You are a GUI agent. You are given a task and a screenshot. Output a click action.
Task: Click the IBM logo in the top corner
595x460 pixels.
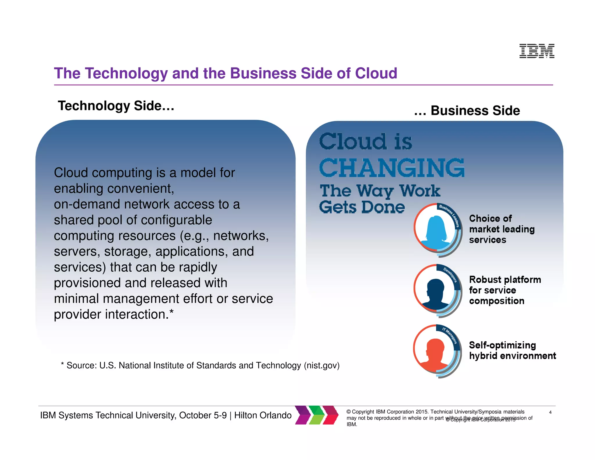tap(537, 51)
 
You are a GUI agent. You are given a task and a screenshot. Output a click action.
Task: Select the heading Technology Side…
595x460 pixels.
tap(116, 106)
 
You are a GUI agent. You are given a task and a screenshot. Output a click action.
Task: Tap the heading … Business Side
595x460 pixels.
tap(467, 111)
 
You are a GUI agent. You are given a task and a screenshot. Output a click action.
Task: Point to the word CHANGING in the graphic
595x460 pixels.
tap(392, 168)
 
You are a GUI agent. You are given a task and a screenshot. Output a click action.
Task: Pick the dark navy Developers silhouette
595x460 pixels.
tap(435, 294)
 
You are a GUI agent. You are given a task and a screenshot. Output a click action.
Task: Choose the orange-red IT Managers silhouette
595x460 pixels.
tap(435, 355)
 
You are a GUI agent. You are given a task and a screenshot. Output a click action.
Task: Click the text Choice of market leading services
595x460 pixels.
tap(502, 229)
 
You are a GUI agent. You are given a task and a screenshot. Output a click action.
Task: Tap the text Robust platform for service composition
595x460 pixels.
tap(505, 290)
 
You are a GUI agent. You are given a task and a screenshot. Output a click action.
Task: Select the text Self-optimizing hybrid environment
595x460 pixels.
tap(512, 350)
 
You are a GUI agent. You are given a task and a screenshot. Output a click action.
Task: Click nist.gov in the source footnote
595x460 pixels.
tap(321, 365)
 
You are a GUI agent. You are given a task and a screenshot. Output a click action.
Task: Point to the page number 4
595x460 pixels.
tap(550, 412)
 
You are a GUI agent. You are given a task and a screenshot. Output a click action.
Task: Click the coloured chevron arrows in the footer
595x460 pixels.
tap(317, 415)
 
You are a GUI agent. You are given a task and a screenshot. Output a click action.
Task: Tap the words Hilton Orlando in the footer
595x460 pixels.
tap(263, 415)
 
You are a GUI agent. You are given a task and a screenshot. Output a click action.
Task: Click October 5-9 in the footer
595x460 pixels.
tap(203, 415)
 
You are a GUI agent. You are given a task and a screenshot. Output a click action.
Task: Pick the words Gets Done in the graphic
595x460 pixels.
tap(362, 207)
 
